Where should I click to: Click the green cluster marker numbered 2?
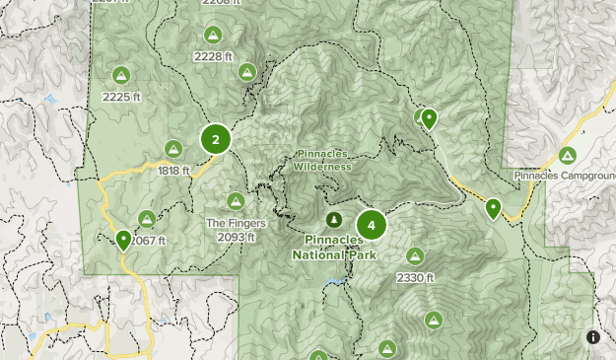[x=216, y=139]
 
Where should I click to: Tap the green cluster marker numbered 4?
[x=371, y=226]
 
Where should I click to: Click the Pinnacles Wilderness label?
[x=321, y=160]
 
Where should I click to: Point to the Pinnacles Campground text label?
[x=564, y=176]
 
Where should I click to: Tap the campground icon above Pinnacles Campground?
[x=567, y=156]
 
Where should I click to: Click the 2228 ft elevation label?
[x=213, y=56]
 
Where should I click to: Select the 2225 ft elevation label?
[x=121, y=97]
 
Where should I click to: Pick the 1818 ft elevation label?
[x=173, y=171]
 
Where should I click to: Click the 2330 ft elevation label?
[x=415, y=278]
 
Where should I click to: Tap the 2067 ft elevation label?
[x=148, y=241]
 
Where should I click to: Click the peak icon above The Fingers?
[x=236, y=200]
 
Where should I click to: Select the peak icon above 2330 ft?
[x=415, y=256]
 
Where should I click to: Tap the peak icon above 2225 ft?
[x=121, y=75]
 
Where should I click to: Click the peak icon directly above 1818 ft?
[x=173, y=149]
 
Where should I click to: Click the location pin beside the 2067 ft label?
[x=123, y=240]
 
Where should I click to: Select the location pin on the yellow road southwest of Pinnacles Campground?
[x=493, y=208]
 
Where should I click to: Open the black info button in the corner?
[x=593, y=336]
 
